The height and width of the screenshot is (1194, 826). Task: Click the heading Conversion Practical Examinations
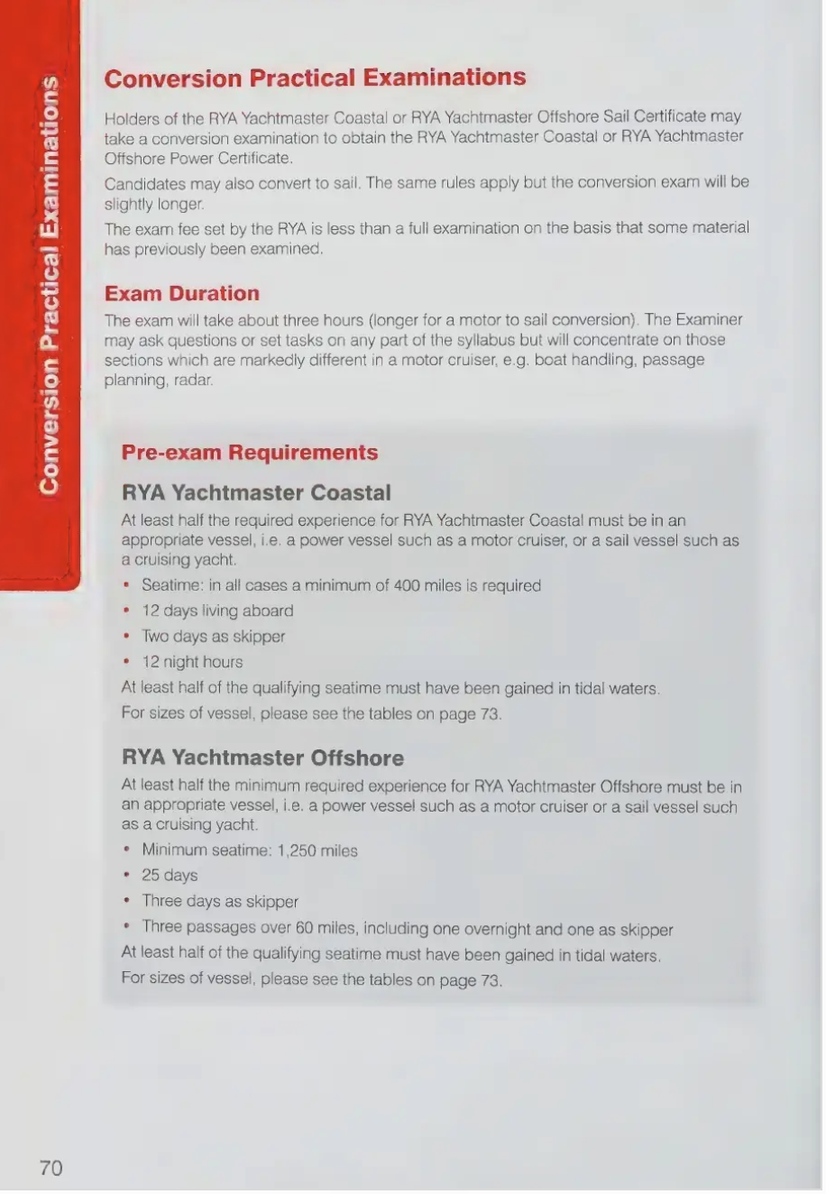click(x=315, y=78)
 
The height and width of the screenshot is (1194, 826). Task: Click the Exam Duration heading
click(x=181, y=293)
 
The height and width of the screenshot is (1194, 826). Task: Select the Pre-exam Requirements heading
click(x=250, y=452)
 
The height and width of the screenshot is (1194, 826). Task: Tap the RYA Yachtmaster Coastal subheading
click(x=256, y=492)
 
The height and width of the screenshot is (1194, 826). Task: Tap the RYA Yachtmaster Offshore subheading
click(x=262, y=758)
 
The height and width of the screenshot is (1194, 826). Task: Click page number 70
click(x=51, y=1168)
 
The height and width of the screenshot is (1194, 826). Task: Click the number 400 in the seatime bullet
click(x=407, y=585)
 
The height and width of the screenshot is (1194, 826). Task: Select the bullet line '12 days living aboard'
click(x=217, y=611)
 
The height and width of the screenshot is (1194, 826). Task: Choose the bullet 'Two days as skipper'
click(x=213, y=636)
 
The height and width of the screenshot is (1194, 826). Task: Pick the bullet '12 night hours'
click(x=192, y=662)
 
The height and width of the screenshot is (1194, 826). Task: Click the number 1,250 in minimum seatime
click(x=298, y=850)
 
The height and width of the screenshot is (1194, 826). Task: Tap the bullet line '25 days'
click(x=170, y=875)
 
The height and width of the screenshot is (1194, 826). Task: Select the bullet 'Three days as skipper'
click(x=220, y=901)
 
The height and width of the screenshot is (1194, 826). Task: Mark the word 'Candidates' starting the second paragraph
click(x=143, y=182)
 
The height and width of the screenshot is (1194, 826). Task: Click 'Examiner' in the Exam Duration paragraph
click(x=708, y=319)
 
